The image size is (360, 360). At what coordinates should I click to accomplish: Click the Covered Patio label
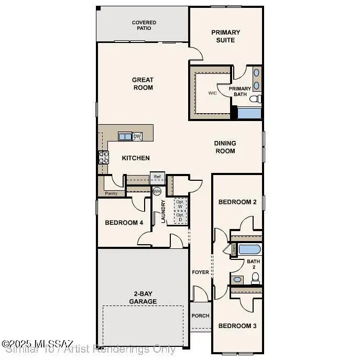(144, 25)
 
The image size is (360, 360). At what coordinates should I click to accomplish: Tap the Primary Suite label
(226, 36)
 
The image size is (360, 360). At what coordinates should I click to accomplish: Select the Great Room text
(143, 84)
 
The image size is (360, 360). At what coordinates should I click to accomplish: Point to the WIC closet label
(212, 93)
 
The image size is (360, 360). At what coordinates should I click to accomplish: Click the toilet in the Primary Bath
(255, 99)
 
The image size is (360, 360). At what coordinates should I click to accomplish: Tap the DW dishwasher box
(137, 136)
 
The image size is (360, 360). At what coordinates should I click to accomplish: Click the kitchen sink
(125, 137)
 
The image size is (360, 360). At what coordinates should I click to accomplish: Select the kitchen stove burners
(103, 157)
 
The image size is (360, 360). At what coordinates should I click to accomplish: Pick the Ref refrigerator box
(157, 177)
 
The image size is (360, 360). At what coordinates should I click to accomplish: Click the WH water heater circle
(157, 191)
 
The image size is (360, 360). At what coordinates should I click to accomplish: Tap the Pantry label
(111, 193)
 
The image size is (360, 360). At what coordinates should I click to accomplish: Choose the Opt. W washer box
(180, 204)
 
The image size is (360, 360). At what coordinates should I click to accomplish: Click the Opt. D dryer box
(180, 217)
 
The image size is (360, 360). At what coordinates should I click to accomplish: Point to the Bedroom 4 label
(124, 223)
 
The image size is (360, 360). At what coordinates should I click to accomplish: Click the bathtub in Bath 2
(249, 249)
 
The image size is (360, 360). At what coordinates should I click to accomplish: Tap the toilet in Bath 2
(255, 279)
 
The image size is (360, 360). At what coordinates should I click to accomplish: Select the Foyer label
(200, 272)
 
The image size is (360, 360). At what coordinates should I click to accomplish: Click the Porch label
(200, 316)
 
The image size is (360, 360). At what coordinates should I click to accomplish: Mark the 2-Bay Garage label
(143, 298)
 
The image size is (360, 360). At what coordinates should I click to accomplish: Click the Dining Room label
(225, 147)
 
